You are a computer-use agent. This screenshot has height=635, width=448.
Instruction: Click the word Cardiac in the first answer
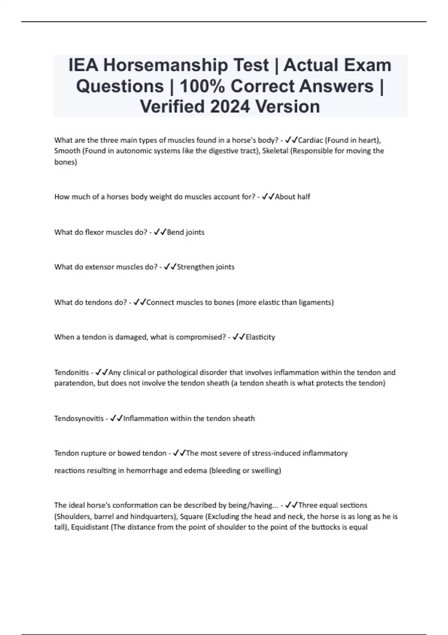pyautogui.click(x=311, y=140)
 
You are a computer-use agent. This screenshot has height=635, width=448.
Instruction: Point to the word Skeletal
pyautogui.click(x=275, y=151)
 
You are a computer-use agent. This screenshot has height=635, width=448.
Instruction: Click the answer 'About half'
pyautogui.click(x=292, y=197)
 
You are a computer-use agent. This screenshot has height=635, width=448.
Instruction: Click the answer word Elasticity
pyautogui.click(x=260, y=337)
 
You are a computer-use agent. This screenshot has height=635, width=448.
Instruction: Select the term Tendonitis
pyautogui.click(x=72, y=372)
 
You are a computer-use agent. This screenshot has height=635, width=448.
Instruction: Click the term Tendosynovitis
pyautogui.click(x=79, y=419)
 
